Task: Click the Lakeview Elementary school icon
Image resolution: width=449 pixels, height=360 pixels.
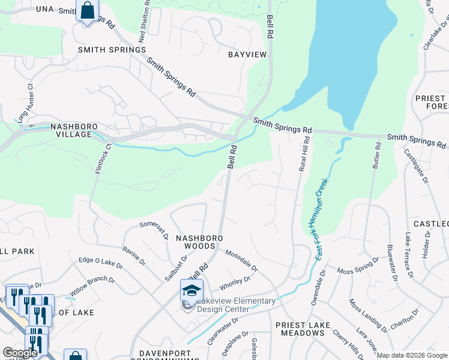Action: (191, 290)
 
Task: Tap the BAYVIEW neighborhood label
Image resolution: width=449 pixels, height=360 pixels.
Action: (247, 55)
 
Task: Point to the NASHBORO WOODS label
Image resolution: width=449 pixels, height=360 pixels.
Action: (199, 242)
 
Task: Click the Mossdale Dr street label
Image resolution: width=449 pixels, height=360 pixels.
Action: (241, 260)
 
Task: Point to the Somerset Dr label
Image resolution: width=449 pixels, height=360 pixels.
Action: (154, 229)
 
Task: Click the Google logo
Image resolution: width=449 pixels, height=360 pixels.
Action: (20, 352)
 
